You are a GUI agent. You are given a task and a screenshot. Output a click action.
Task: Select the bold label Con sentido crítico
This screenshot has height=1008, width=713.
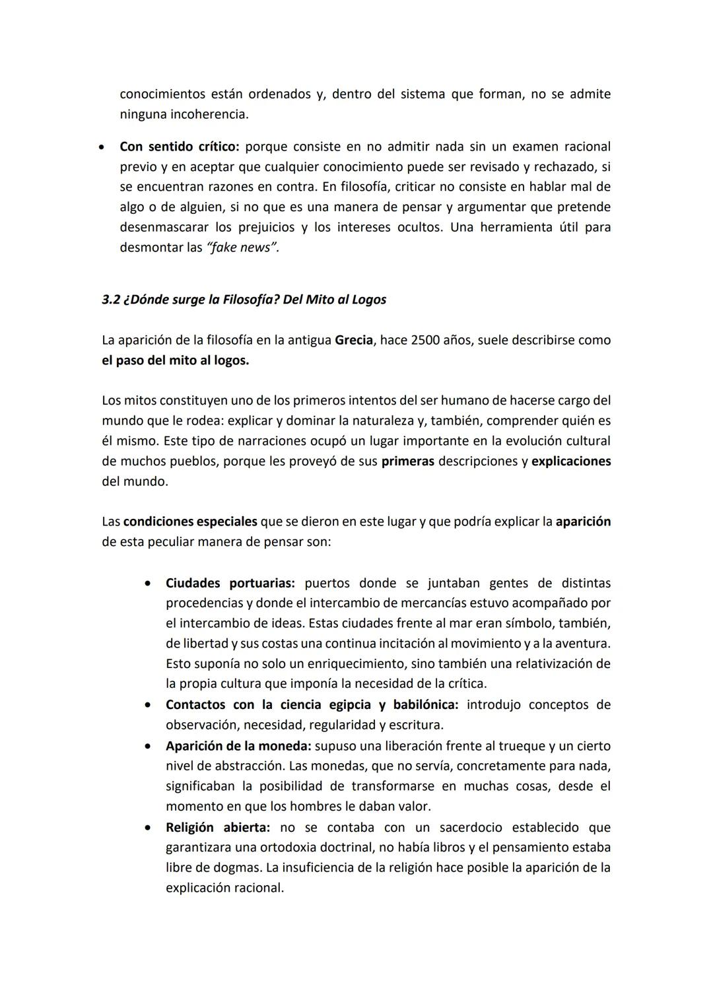pos(179,146)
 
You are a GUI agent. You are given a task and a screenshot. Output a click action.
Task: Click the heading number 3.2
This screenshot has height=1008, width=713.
pos(110,300)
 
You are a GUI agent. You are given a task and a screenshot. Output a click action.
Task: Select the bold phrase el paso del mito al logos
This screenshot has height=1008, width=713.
pos(175,361)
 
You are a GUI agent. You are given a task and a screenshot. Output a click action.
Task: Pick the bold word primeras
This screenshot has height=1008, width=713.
pos(407,461)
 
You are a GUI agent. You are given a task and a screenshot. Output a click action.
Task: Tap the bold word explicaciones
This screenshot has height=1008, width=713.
pos(571,461)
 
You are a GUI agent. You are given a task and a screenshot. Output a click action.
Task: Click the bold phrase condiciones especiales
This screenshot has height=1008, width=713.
pos(190,521)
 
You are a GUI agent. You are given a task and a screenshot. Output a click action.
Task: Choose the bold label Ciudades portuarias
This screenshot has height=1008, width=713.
pos(230,584)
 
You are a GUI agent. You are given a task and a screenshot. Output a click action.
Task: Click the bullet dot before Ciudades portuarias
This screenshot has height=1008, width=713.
pos(150,584)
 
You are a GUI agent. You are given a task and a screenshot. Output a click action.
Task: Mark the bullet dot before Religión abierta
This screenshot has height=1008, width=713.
pos(150,827)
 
